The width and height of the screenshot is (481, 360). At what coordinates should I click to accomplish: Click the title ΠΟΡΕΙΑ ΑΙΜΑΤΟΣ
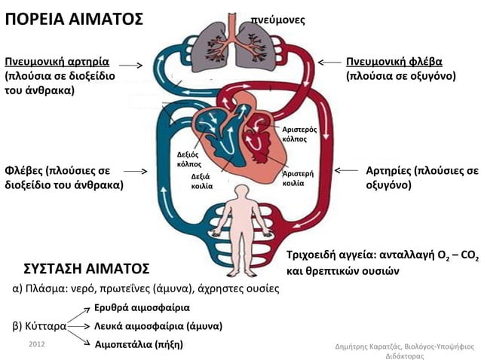coord(74,19)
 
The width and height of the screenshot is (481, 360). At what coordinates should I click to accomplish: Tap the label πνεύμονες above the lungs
coord(277,20)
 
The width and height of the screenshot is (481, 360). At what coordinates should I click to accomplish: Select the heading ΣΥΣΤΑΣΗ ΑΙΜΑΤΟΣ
coord(87,269)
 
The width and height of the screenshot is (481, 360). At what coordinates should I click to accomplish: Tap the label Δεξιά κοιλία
coord(202,182)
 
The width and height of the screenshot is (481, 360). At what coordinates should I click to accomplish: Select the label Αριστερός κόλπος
coord(294,135)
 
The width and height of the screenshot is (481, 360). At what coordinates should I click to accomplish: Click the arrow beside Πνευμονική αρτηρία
coord(130,66)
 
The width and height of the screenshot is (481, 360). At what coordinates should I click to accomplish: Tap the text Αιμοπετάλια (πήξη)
coord(138,345)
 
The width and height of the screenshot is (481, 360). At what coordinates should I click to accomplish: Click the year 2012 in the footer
coord(36,343)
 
